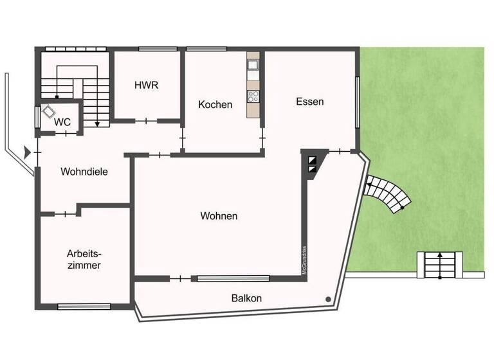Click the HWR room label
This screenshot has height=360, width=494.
point(146,85)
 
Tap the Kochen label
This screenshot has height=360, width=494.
point(215,104)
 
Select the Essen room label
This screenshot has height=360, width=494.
point(309,102)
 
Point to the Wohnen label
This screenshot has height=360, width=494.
point(218,216)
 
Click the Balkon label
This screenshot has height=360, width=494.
point(246,298)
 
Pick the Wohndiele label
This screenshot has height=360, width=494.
point(84,172)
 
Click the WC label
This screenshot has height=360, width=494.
point(62,122)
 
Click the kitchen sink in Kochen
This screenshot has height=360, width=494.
point(253,64)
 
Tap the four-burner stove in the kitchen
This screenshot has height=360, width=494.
point(253,97)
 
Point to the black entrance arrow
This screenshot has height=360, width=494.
point(26,152)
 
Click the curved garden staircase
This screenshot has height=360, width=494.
point(387,194)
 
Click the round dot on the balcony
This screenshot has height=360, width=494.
point(328,299)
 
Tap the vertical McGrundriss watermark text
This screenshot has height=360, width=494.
point(304,261)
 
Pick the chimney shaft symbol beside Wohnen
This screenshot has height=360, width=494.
point(312,165)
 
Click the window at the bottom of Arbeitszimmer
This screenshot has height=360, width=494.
point(84,307)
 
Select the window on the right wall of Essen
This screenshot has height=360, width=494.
point(358,103)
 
